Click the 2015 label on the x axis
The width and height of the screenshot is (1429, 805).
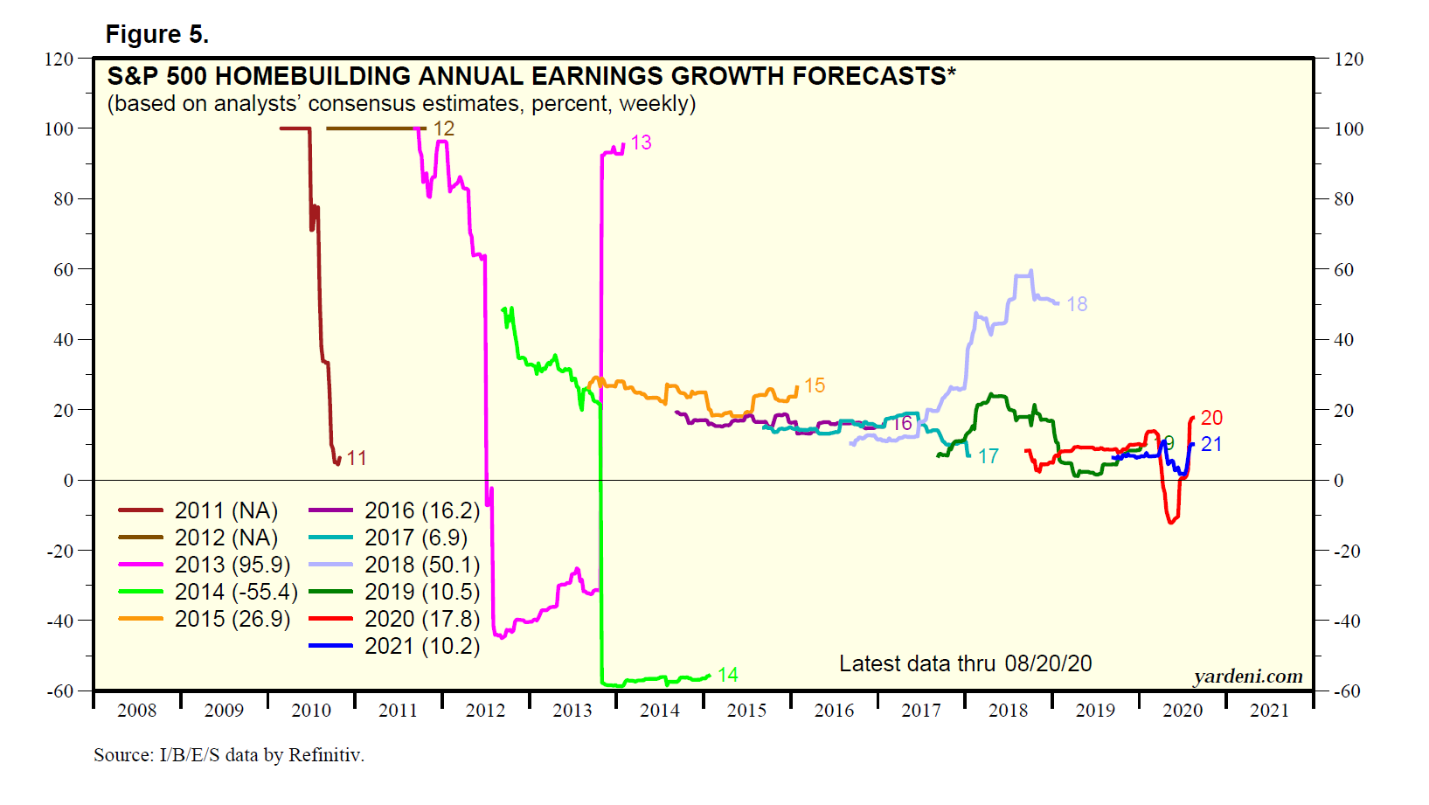(746, 711)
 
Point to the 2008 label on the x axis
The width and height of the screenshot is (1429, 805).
(136, 711)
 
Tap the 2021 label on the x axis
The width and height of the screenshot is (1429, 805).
(1269, 711)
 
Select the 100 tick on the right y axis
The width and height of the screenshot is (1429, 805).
(1349, 129)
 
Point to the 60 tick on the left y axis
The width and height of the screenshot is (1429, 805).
(63, 269)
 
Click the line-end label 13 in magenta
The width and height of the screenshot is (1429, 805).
(641, 142)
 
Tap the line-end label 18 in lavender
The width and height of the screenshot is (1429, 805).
(1077, 304)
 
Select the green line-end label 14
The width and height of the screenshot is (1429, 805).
(727, 675)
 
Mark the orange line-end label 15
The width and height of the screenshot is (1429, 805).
(815, 385)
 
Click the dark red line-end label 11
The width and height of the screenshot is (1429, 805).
(356, 458)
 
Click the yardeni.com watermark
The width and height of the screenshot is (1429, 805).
(1248, 677)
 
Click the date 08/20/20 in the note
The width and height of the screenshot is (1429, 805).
(1048, 663)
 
